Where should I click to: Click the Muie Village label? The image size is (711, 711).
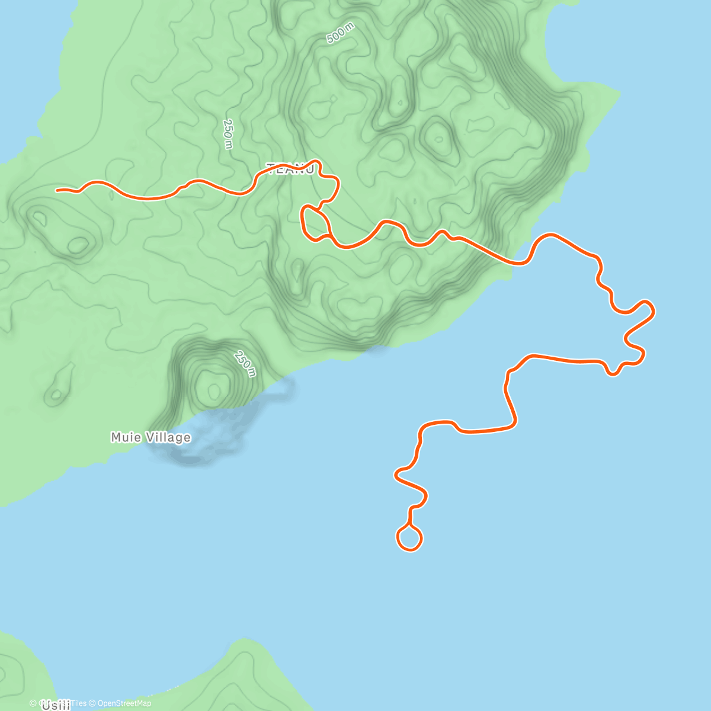(150, 437)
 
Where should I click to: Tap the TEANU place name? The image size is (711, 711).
(290, 169)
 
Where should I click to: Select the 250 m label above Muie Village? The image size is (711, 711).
(245, 364)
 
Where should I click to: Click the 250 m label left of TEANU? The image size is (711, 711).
(228, 134)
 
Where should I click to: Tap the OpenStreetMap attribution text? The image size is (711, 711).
(124, 703)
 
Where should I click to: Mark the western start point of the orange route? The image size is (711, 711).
(57, 190)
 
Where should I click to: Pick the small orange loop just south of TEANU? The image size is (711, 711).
(315, 223)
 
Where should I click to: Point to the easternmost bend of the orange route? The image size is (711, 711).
(653, 309)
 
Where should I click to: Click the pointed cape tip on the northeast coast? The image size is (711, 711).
(619, 93)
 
